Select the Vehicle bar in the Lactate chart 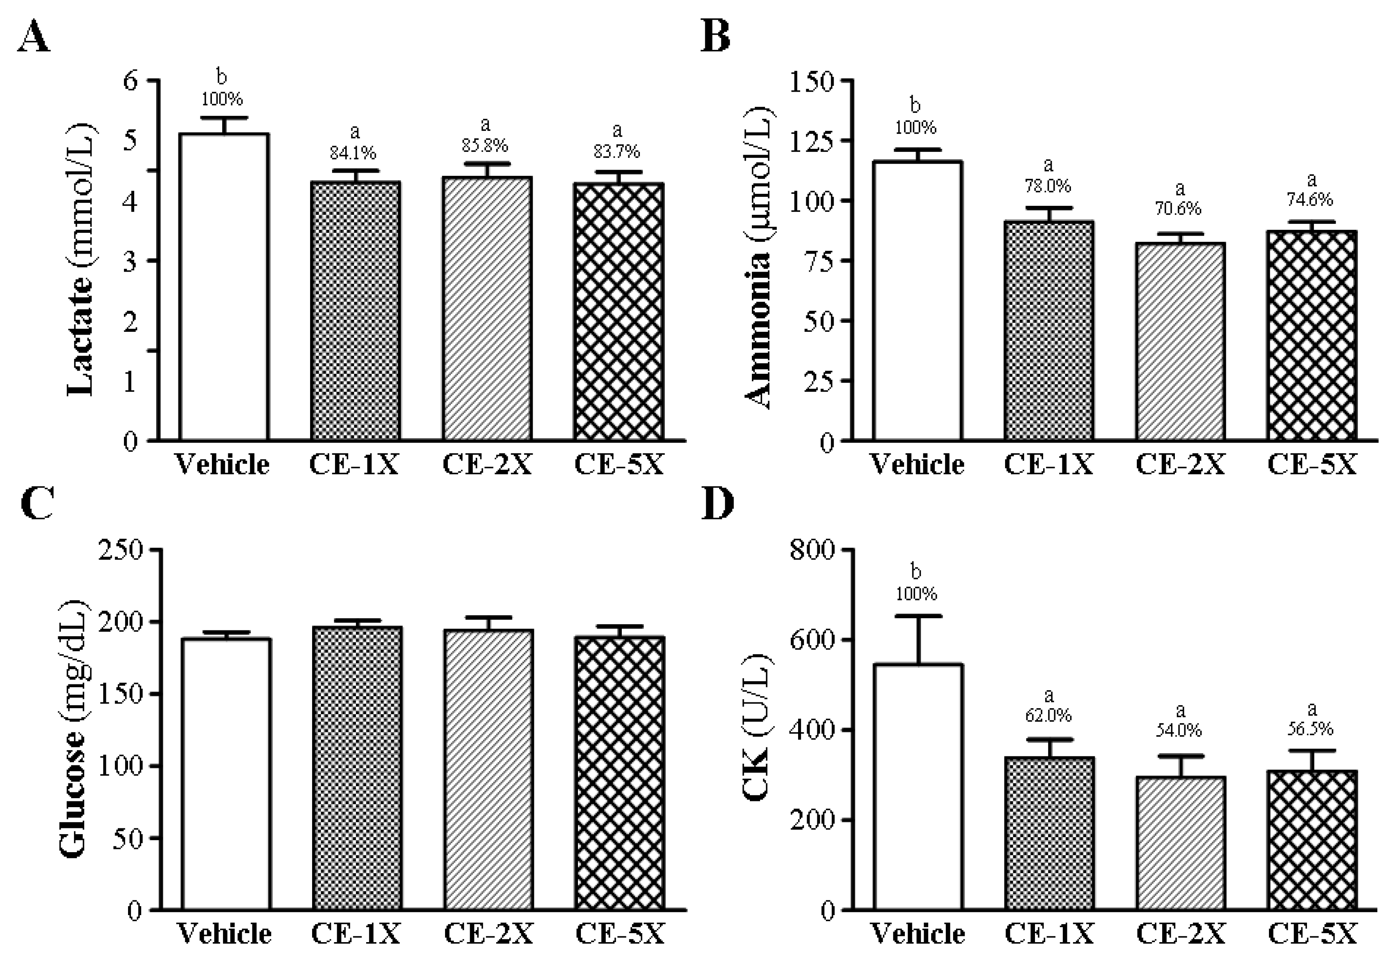coord(224,287)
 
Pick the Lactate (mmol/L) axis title coord(81,259)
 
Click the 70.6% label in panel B coord(1178,209)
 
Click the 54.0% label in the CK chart coord(1179,731)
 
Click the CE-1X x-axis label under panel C coord(356,934)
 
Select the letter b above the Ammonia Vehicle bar coord(915,106)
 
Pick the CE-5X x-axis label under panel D coord(1312,934)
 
